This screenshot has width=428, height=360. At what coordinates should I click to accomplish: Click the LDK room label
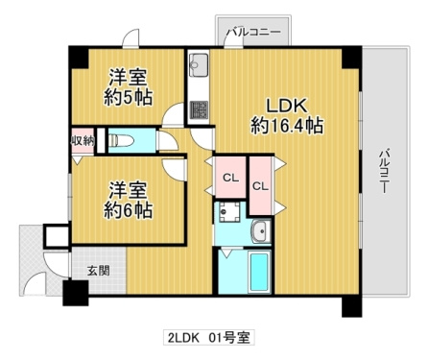pos(287,106)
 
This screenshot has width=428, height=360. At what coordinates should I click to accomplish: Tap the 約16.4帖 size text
pos(287,126)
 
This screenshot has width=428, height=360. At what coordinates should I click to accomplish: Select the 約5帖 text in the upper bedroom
pos(128,97)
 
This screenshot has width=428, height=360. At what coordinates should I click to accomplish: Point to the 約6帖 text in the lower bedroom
pos(128,210)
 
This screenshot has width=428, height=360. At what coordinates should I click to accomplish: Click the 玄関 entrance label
pos(99,271)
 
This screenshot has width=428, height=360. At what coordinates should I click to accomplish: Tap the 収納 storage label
pos(83,140)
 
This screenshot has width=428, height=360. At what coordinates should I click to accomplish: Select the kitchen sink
pos(199,65)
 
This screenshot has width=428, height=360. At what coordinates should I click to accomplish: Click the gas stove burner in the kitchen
pos(199,109)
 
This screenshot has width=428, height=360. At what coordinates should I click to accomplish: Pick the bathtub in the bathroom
pos(258,272)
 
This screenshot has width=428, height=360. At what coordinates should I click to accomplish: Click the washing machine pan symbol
pos(229,212)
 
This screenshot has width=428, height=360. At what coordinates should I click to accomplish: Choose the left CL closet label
pos(230,178)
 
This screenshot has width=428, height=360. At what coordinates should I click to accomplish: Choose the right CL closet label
pos(261,186)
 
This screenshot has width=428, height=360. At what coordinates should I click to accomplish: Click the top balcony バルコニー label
pos(253,33)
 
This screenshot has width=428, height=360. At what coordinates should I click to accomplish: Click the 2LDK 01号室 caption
pos(209,338)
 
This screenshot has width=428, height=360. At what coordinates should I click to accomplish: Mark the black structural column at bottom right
pos(352,306)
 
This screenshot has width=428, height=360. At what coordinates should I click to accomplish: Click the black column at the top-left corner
pos(79,57)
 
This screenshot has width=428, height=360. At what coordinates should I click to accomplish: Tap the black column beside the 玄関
pos(76,293)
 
